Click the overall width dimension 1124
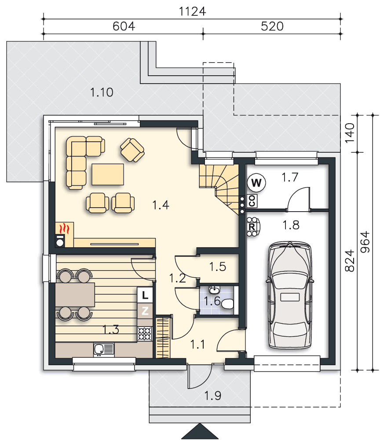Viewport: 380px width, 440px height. tap(192, 11)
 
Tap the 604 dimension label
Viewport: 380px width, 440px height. tap(124, 26)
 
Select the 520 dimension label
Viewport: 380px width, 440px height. tap(272, 26)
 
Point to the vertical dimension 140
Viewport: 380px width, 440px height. tap(350, 133)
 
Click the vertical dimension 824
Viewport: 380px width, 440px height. tap(350, 261)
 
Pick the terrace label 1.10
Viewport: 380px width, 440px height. tap(102, 92)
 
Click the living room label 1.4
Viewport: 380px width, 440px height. tap(161, 205)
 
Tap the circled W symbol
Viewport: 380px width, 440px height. tap(256, 183)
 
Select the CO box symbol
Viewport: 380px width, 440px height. tap(252, 201)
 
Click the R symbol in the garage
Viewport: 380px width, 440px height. tap(252, 227)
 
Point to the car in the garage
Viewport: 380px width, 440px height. tap(290, 296)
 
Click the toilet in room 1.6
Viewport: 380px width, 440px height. tap(227, 304)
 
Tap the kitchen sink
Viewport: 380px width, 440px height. tap(104, 350)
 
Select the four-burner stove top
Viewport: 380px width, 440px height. tap(145, 334)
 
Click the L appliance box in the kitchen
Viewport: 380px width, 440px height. tap(145, 295)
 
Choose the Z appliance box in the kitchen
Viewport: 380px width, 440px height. tap(145, 311)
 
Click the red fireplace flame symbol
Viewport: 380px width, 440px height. tap(65, 228)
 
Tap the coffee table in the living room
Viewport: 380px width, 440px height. tap(108, 175)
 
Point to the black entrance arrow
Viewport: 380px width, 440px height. tap(200, 431)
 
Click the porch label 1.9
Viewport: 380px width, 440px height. tap(212, 396)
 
